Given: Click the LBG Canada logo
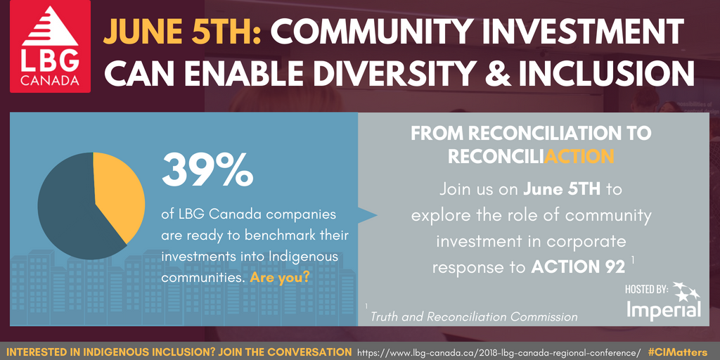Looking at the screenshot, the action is (50, 46).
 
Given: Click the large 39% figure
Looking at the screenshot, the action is (207, 170).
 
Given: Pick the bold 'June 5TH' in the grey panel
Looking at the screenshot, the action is (562, 189).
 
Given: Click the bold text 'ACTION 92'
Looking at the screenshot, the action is (578, 268).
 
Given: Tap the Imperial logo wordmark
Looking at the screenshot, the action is (664, 309).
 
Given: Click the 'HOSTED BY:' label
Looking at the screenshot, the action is (646, 289).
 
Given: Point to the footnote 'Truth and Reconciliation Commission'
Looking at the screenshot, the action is (473, 316).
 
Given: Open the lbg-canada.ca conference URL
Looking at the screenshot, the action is (499, 352).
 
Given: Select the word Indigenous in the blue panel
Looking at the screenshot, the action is (300, 257).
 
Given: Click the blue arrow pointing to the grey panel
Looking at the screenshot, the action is (367, 215).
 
